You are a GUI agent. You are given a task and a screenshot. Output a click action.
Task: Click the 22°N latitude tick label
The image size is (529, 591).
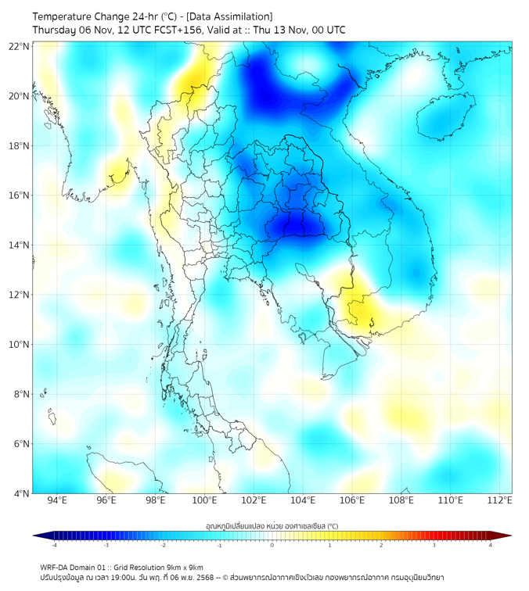point(20,46)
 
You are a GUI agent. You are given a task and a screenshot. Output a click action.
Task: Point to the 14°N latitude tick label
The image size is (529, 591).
point(20,245)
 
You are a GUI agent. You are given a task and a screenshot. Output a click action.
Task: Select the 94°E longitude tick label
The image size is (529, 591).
point(57,500)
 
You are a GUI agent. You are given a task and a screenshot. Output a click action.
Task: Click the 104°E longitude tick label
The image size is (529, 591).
point(303,500)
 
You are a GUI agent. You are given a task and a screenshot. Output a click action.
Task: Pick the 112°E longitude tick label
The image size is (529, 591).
point(499,500)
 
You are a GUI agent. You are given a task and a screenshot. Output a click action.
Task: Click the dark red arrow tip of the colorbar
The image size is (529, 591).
point(507,535)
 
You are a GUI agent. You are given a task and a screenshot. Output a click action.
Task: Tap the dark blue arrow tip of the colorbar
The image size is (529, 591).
point(38,535)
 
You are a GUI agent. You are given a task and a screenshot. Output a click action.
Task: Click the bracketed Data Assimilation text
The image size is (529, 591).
point(229,16)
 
